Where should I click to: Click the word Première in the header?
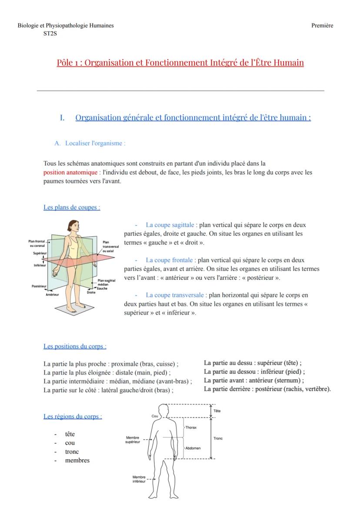322,26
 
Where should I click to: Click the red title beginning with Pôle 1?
180,63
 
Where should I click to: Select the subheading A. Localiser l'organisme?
90,143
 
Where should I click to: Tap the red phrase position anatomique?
70,173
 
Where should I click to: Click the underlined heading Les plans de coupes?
72,208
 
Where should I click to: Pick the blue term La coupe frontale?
169,260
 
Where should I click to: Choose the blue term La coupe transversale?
174,296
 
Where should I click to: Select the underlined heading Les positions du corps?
75,347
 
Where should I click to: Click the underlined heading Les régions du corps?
73,417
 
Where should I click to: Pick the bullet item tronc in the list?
72,452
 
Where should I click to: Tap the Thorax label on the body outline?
191,428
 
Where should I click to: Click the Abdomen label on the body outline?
193,448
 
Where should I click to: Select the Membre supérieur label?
133,440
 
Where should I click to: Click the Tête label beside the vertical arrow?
217,411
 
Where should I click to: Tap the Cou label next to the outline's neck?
154,416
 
